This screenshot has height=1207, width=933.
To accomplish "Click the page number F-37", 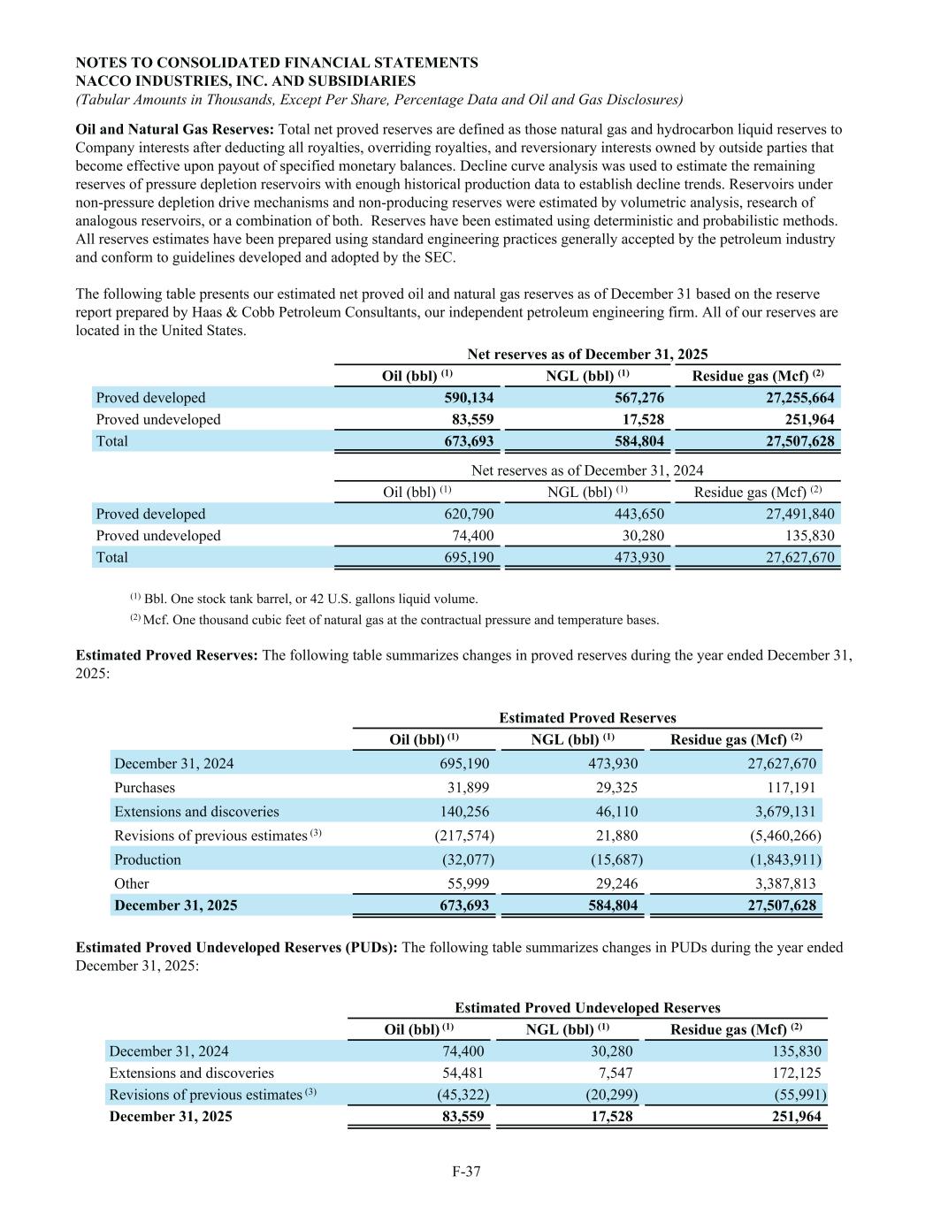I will click(466, 1172).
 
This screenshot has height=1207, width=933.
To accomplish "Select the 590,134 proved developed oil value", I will click(469, 398).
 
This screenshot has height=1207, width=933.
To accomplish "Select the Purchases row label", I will click(145, 787).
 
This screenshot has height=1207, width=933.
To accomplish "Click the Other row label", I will click(132, 883).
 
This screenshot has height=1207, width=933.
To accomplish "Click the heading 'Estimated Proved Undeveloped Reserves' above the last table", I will click(587, 1007).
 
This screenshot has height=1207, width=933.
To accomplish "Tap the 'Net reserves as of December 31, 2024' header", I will click(587, 470).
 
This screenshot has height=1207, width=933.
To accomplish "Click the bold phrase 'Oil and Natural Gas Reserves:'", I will click(175, 129).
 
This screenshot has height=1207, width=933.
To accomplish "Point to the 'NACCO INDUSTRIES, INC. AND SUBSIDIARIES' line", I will click(246, 80).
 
